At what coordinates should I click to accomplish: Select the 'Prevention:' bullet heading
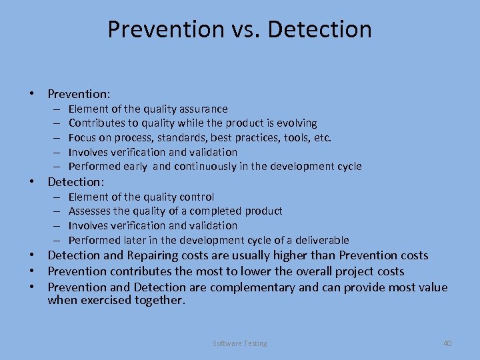[79, 94]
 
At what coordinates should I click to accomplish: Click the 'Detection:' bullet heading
[77, 181]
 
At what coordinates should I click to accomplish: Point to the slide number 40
[447, 343]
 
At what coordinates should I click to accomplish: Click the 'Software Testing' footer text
[240, 343]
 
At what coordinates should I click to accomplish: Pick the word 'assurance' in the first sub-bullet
[203, 109]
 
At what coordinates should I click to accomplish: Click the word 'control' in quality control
[198, 197]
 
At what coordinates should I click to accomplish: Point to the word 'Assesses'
[89, 211]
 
